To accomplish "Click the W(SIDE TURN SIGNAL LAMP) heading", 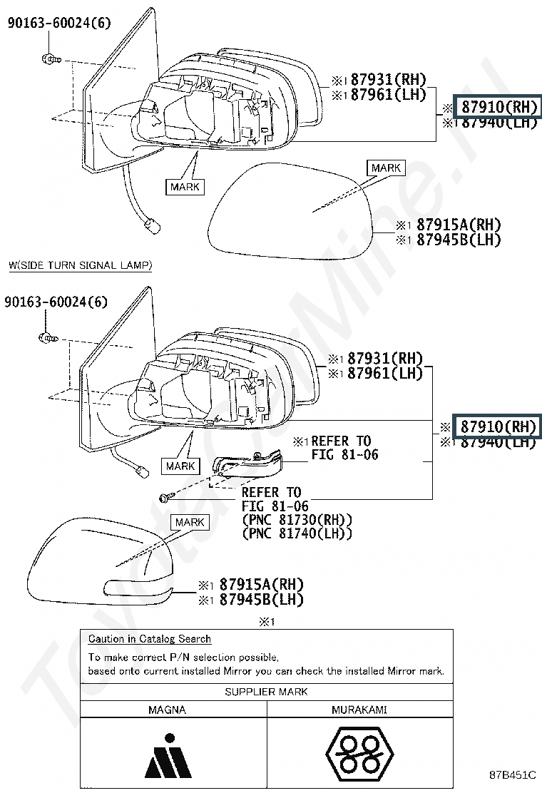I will (80, 266).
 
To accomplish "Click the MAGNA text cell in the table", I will (167, 710).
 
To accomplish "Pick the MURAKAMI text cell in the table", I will (359, 710).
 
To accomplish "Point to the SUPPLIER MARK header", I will (266, 691).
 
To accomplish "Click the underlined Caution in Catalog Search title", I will (150, 639).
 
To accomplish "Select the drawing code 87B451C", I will (512, 774).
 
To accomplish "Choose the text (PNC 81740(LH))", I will (297, 533).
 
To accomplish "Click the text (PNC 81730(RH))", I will (297, 520).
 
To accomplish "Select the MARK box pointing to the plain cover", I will (386, 168).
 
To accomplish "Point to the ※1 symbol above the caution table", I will (266, 622).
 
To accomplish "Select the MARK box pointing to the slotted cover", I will (190, 522).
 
